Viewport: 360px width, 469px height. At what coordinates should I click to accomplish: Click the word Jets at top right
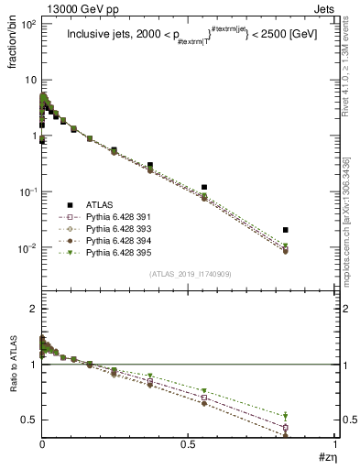click(325, 7)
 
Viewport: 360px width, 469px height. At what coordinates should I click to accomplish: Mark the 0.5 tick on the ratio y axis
click(29, 420)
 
